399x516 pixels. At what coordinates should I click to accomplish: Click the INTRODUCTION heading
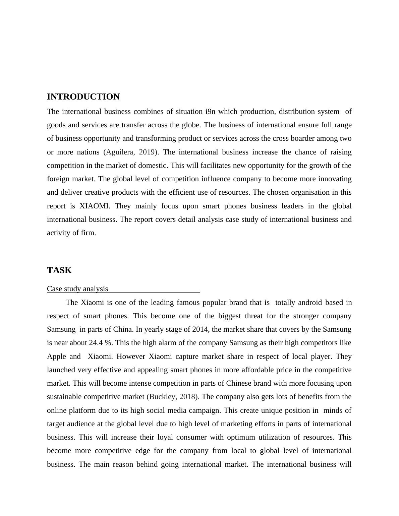pos(83,97)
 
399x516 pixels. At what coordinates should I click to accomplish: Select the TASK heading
pos(59,270)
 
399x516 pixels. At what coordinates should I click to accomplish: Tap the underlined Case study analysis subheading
pos(77,289)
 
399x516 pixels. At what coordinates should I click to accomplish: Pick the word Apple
pos(56,357)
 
